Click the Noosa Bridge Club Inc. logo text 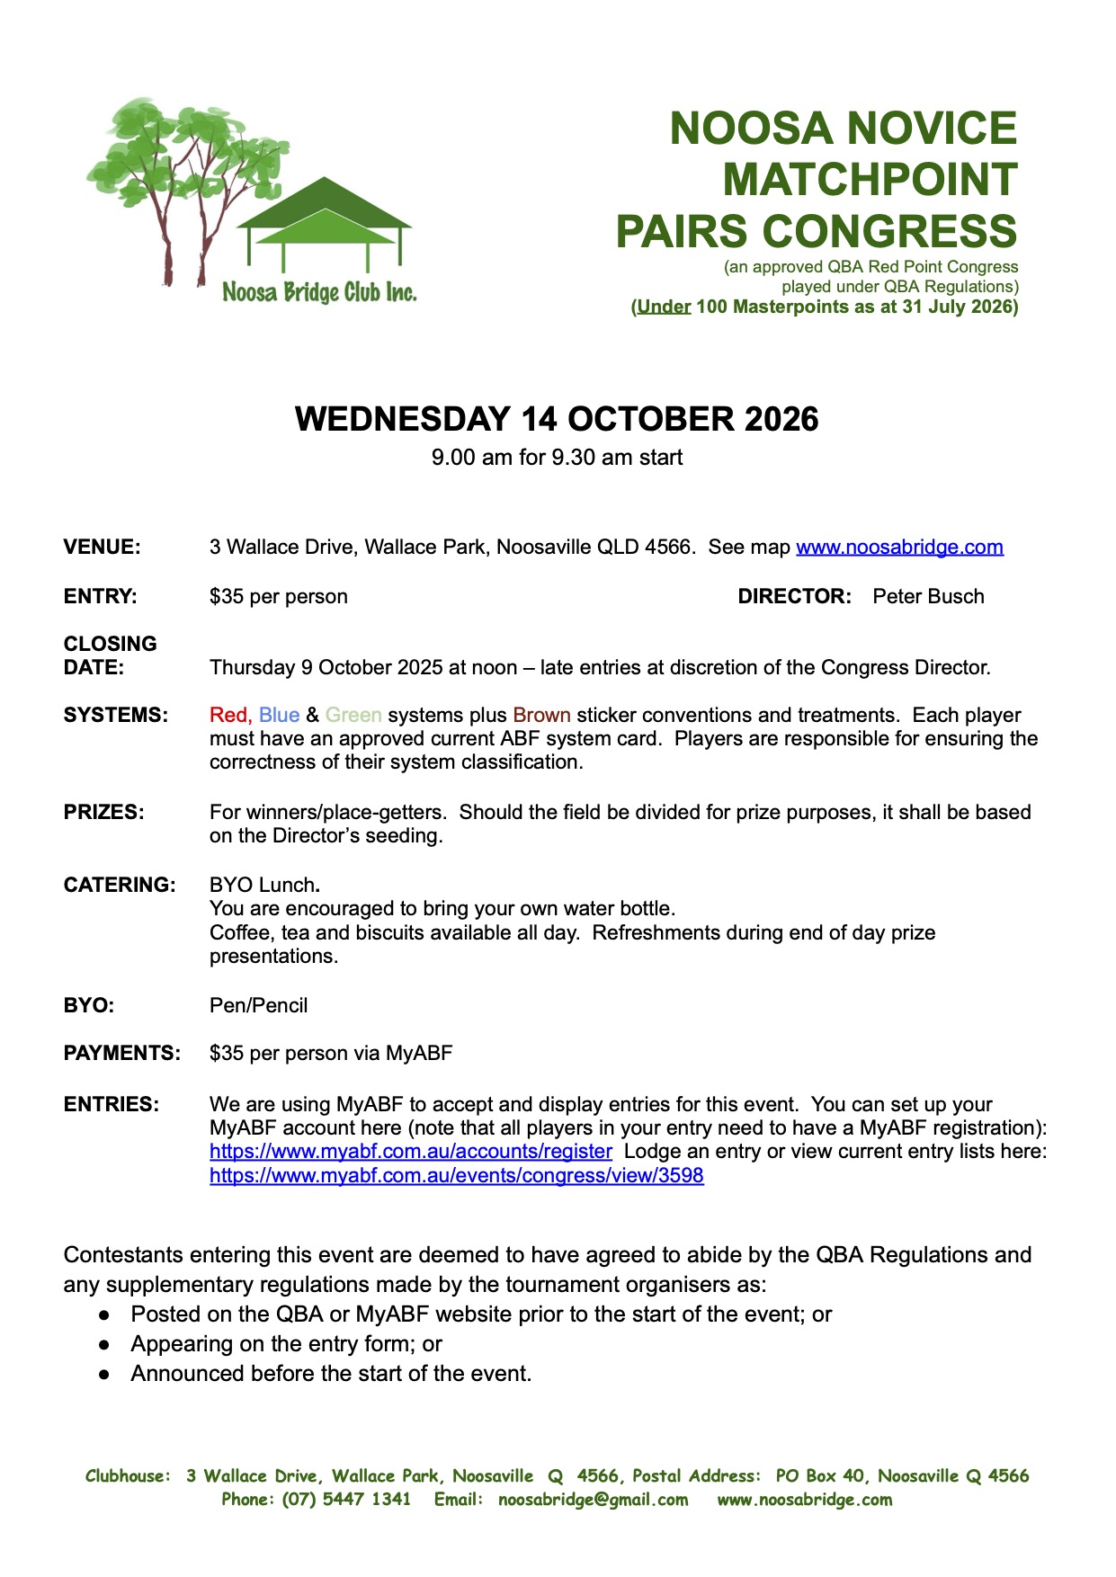319,292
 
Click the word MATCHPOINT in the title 870,179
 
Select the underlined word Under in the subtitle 664,307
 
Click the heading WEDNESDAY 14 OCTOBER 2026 557,419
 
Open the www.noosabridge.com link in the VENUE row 899,547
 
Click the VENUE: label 102,547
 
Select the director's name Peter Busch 928,596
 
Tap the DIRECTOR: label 794,596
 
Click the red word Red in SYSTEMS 228,715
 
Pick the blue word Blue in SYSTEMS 279,715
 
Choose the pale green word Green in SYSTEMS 353,715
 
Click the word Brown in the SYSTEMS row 541,715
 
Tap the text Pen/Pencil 258,1005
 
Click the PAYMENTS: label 121,1053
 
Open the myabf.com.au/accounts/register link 411,1151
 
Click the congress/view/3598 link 457,1175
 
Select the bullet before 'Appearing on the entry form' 104,1344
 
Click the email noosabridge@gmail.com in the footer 593,1499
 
